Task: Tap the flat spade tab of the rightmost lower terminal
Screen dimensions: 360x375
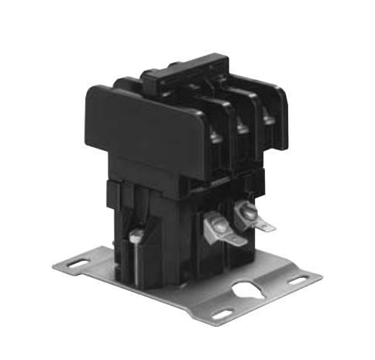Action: tap(264, 225)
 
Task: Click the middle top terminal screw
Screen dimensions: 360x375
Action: tap(242, 126)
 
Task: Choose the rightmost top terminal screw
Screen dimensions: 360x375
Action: tap(268, 118)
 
